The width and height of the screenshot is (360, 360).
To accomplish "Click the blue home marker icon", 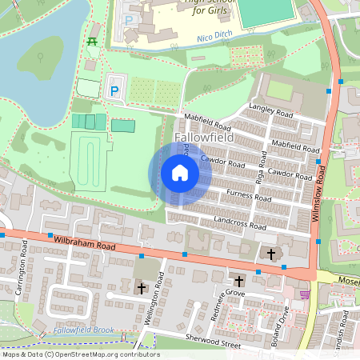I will point(179,173).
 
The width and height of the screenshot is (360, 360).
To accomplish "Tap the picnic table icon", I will point(93,41).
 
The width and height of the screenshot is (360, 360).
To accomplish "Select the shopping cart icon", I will point(303,294).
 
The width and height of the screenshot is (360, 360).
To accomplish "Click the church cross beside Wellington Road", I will point(142,286).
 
